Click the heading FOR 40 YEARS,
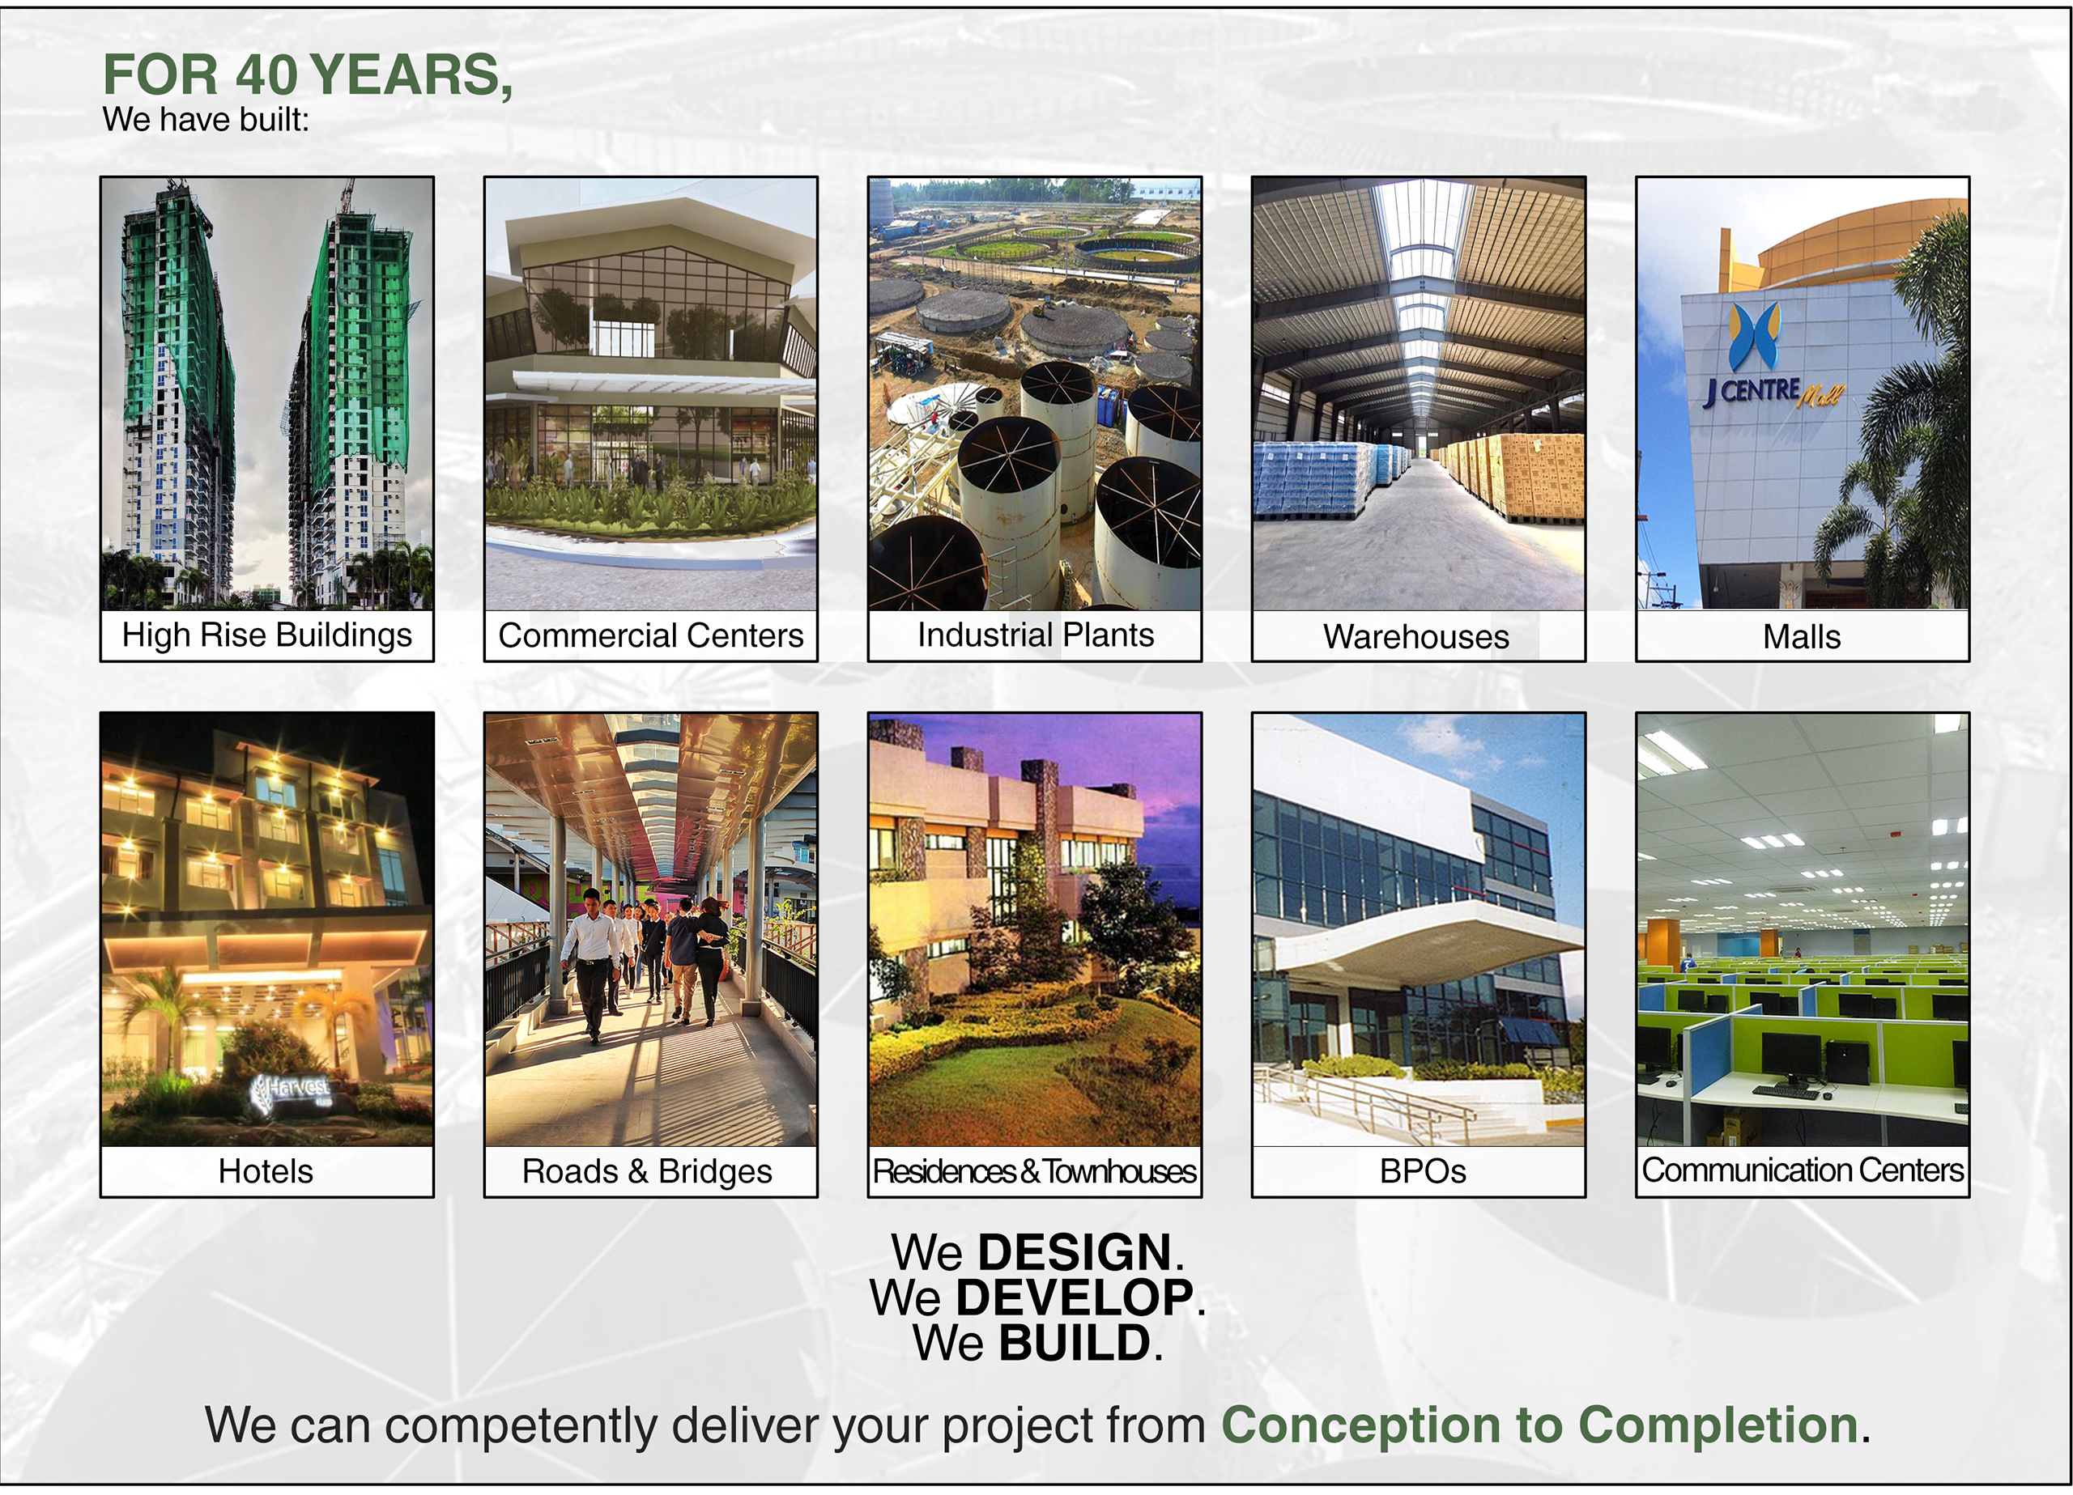[x=307, y=75]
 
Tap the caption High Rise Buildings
[x=267, y=635]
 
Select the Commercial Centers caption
[x=651, y=635]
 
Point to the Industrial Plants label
[x=1036, y=635]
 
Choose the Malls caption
[x=1802, y=637]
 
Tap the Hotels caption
[x=265, y=1171]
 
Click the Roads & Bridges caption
[x=647, y=1171]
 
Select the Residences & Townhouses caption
[x=1035, y=1171]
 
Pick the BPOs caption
[x=1422, y=1171]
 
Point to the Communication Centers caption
[x=1803, y=1170]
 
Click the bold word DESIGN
[x=1075, y=1252]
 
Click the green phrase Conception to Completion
[x=1540, y=1425]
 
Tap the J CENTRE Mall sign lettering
[x=1773, y=393]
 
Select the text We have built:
[x=206, y=120]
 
